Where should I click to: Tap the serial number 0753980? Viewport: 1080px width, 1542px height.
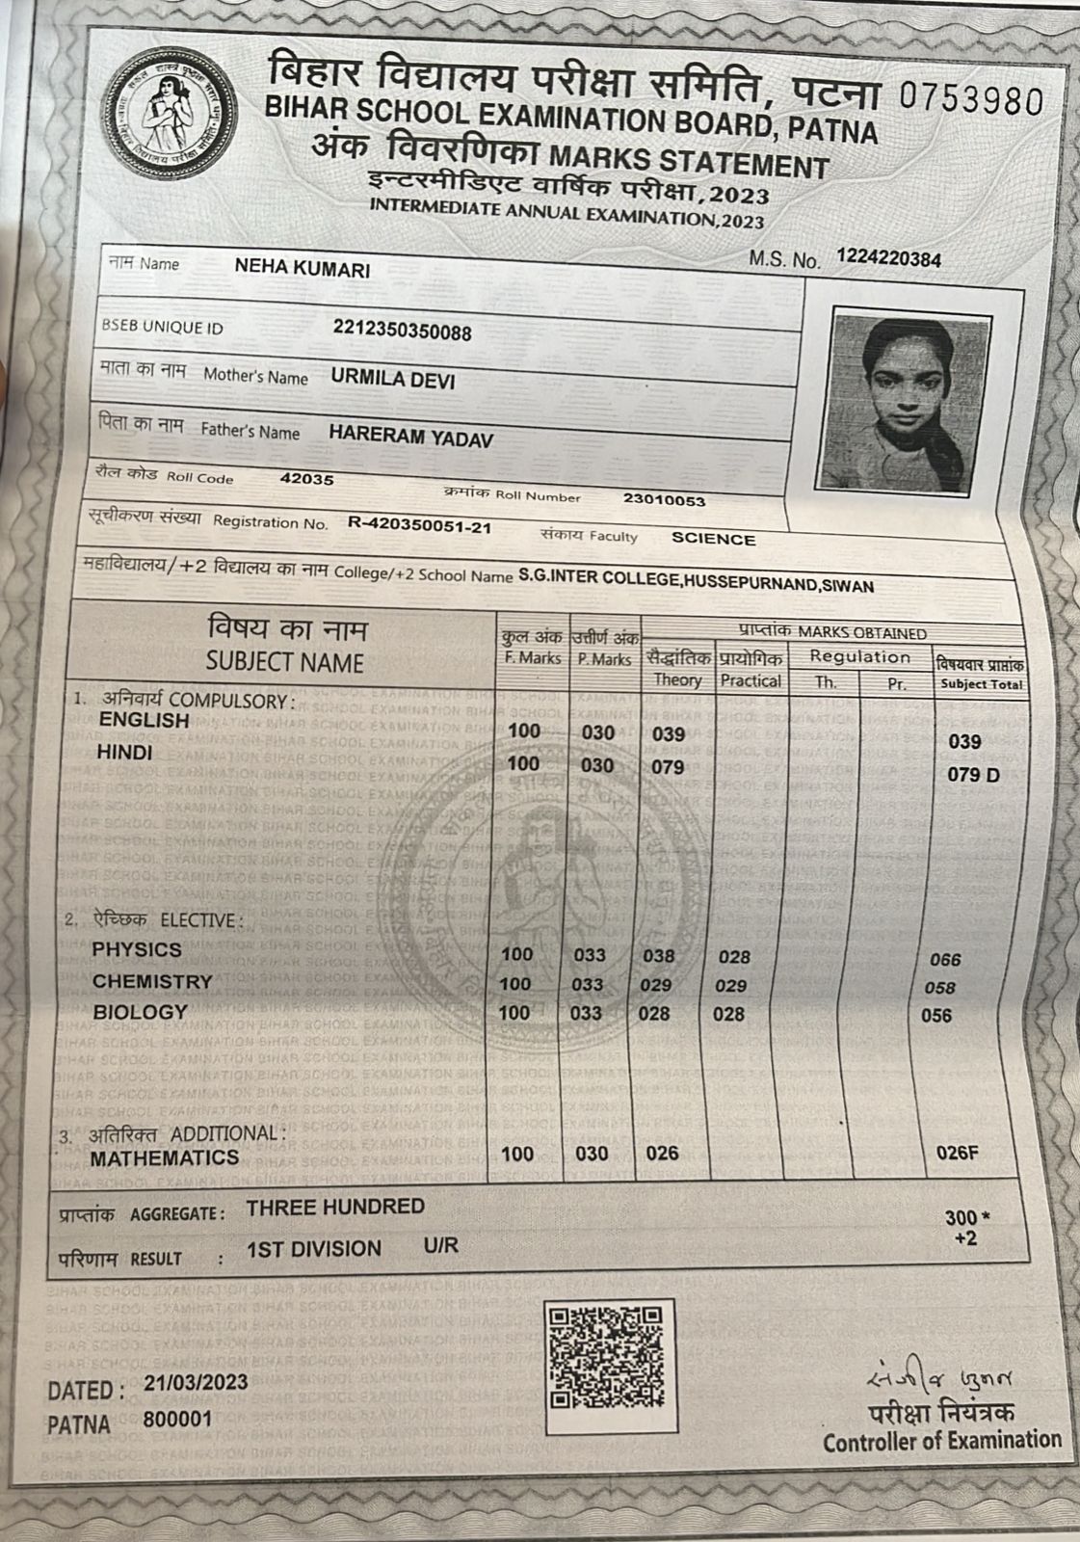click(971, 99)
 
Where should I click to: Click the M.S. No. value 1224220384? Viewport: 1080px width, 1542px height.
click(888, 258)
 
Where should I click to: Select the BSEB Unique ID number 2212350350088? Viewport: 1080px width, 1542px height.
click(402, 332)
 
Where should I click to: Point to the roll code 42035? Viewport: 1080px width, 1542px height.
click(306, 479)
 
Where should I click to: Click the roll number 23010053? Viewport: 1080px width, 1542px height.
click(664, 500)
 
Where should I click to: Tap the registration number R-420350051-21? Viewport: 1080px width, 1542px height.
click(419, 526)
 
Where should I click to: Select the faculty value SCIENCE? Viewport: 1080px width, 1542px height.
click(713, 539)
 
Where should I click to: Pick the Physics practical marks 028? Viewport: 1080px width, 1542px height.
click(733, 957)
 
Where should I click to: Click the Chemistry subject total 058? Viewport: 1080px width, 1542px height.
click(939, 988)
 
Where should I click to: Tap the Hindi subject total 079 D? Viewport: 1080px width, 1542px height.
click(973, 775)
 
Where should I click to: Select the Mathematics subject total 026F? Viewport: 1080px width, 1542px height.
click(957, 1153)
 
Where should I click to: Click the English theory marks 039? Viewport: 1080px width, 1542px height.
click(668, 734)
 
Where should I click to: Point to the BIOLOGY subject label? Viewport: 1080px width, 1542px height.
click(140, 1012)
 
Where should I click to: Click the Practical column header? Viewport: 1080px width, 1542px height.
click(751, 680)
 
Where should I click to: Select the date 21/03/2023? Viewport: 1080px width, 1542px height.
click(196, 1382)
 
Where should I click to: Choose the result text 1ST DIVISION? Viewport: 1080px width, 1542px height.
click(314, 1249)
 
